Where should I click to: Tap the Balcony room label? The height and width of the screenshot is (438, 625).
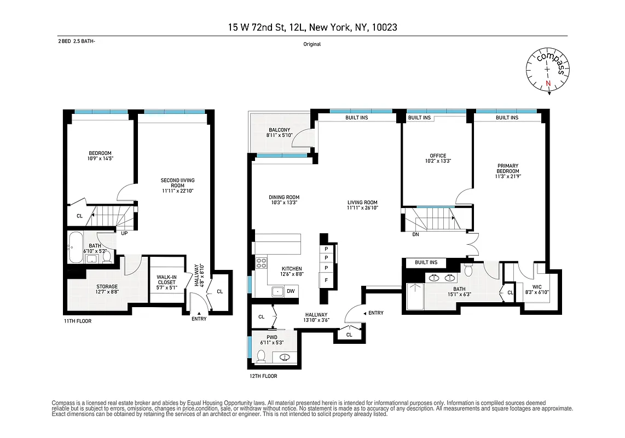(279, 130)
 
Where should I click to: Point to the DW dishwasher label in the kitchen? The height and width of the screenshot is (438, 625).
(291, 291)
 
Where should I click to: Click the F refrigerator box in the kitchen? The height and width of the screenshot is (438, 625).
(327, 280)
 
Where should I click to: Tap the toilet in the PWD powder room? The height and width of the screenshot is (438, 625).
(262, 356)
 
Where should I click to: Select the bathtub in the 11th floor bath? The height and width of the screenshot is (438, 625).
(76, 241)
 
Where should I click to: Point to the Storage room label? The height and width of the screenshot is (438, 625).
(107, 286)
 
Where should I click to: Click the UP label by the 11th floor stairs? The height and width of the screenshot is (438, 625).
(124, 233)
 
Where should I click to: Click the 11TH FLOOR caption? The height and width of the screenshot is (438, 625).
(77, 321)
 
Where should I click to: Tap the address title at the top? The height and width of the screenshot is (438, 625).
(312, 26)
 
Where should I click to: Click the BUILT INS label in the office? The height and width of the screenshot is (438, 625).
(419, 118)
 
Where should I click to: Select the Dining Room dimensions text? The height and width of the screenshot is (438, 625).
(284, 203)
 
